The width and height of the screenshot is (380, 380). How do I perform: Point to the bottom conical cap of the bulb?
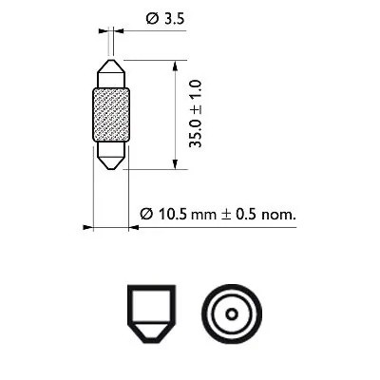[x=111, y=154]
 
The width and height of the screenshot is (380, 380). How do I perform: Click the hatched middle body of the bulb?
[x=111, y=113]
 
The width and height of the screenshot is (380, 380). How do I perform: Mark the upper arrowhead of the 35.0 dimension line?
[x=176, y=65]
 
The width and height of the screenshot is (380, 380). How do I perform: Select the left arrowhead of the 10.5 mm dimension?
[x=87, y=228]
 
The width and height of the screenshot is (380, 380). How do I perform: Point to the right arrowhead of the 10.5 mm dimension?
[x=134, y=228]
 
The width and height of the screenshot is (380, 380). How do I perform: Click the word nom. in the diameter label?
[x=276, y=215]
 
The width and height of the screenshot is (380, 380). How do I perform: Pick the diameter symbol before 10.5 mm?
[x=146, y=215]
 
